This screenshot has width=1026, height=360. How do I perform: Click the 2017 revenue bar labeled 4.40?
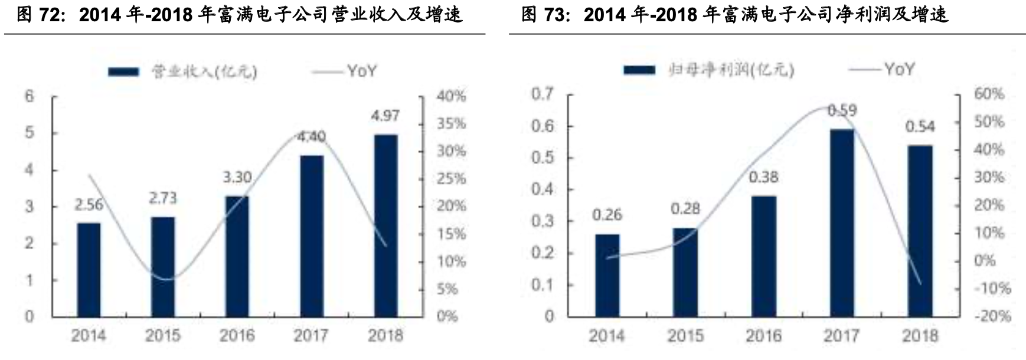pyautogui.click(x=311, y=236)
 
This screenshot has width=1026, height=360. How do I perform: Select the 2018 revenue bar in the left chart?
pyautogui.click(x=385, y=225)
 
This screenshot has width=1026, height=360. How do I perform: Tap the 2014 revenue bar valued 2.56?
pyautogui.click(x=89, y=270)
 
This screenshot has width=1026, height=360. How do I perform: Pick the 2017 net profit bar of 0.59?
pyautogui.click(x=841, y=223)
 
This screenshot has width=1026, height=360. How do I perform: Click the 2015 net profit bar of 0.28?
pyautogui.click(x=685, y=272)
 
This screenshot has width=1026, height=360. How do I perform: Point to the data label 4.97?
pyautogui.click(x=385, y=116)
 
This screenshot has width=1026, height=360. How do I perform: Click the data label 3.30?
pyautogui.click(x=237, y=176)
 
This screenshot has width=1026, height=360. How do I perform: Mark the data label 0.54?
pyautogui.click(x=920, y=126)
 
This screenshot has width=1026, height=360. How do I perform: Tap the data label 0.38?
pyautogui.click(x=763, y=176)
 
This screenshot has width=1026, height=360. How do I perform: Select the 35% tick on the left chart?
pyautogui.click(x=451, y=124)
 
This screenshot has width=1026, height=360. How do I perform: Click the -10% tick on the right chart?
pyautogui.click(x=992, y=289)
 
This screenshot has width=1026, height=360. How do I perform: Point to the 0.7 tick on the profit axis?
pyautogui.click(x=543, y=94)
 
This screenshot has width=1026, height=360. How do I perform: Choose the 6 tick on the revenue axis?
pyautogui.click(x=30, y=96)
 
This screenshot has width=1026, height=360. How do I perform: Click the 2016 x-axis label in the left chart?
pyautogui.click(x=237, y=336)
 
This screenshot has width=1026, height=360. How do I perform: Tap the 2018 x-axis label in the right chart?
pyautogui.click(x=920, y=336)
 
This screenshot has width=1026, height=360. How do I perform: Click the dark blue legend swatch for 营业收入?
pyautogui.click(x=123, y=72)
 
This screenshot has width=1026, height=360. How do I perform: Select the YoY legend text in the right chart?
pyautogui.click(x=899, y=70)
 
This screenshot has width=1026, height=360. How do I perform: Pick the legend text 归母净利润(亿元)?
pyautogui.click(x=731, y=70)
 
